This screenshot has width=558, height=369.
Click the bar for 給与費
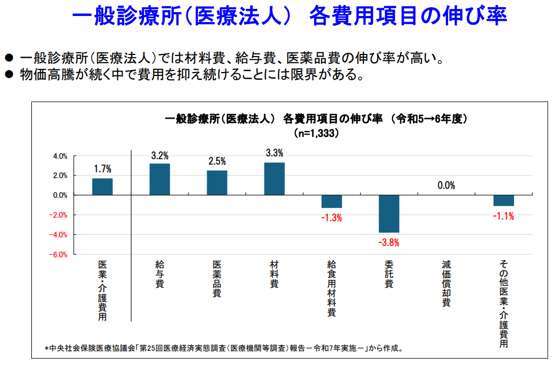tap(159, 179)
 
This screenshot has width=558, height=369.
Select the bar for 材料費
tap(274, 179)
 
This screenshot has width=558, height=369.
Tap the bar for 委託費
tap(389, 213)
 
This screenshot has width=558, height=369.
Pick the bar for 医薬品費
tap(217, 183)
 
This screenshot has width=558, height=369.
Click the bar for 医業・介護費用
tap(102, 186)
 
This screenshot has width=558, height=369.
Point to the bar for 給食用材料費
tap(332, 201)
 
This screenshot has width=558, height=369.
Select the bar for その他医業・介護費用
tap(504, 200)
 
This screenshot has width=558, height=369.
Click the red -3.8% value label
tap(389, 242)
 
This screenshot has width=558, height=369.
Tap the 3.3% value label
tap(274, 153)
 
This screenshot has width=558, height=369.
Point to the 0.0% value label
tap(446, 185)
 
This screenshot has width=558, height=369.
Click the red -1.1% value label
tap(504, 216)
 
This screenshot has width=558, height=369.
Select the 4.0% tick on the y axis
tap(60, 156)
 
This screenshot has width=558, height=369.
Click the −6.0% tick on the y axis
tap(59, 255)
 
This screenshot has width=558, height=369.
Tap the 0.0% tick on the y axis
tap(60, 195)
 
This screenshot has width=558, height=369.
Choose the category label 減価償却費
tap(446, 283)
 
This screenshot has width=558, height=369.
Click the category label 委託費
tap(389, 274)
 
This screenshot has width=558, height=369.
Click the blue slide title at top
tap(289, 15)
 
